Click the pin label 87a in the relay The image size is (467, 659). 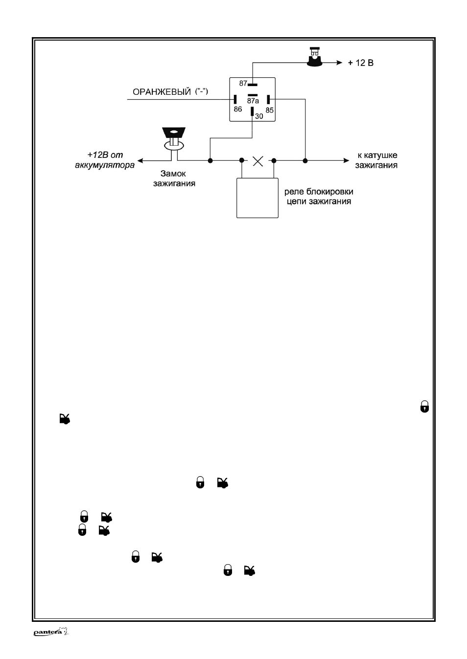click(253, 101)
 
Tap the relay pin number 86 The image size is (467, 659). click(238, 109)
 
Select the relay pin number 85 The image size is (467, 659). click(270, 110)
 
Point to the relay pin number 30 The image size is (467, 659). click(259, 116)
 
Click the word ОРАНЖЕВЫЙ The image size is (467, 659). click(162, 92)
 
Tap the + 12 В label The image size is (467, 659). click(361, 63)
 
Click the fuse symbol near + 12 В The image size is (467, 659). click(315, 57)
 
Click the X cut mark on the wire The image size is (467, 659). click(258, 161)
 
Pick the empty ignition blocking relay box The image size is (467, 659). click(257, 198)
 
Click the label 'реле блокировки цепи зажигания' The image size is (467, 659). click(319, 197)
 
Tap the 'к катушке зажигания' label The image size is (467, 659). click(376, 160)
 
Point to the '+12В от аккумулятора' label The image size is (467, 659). click(105, 160)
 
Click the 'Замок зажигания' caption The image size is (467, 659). click(174, 178)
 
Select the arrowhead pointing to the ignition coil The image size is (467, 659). click(346, 161)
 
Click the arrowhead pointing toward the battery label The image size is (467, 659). click(140, 161)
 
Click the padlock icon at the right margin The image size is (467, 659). click(424, 406)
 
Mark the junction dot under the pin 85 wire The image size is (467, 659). click(305, 161)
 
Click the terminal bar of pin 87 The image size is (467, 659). click(253, 85)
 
